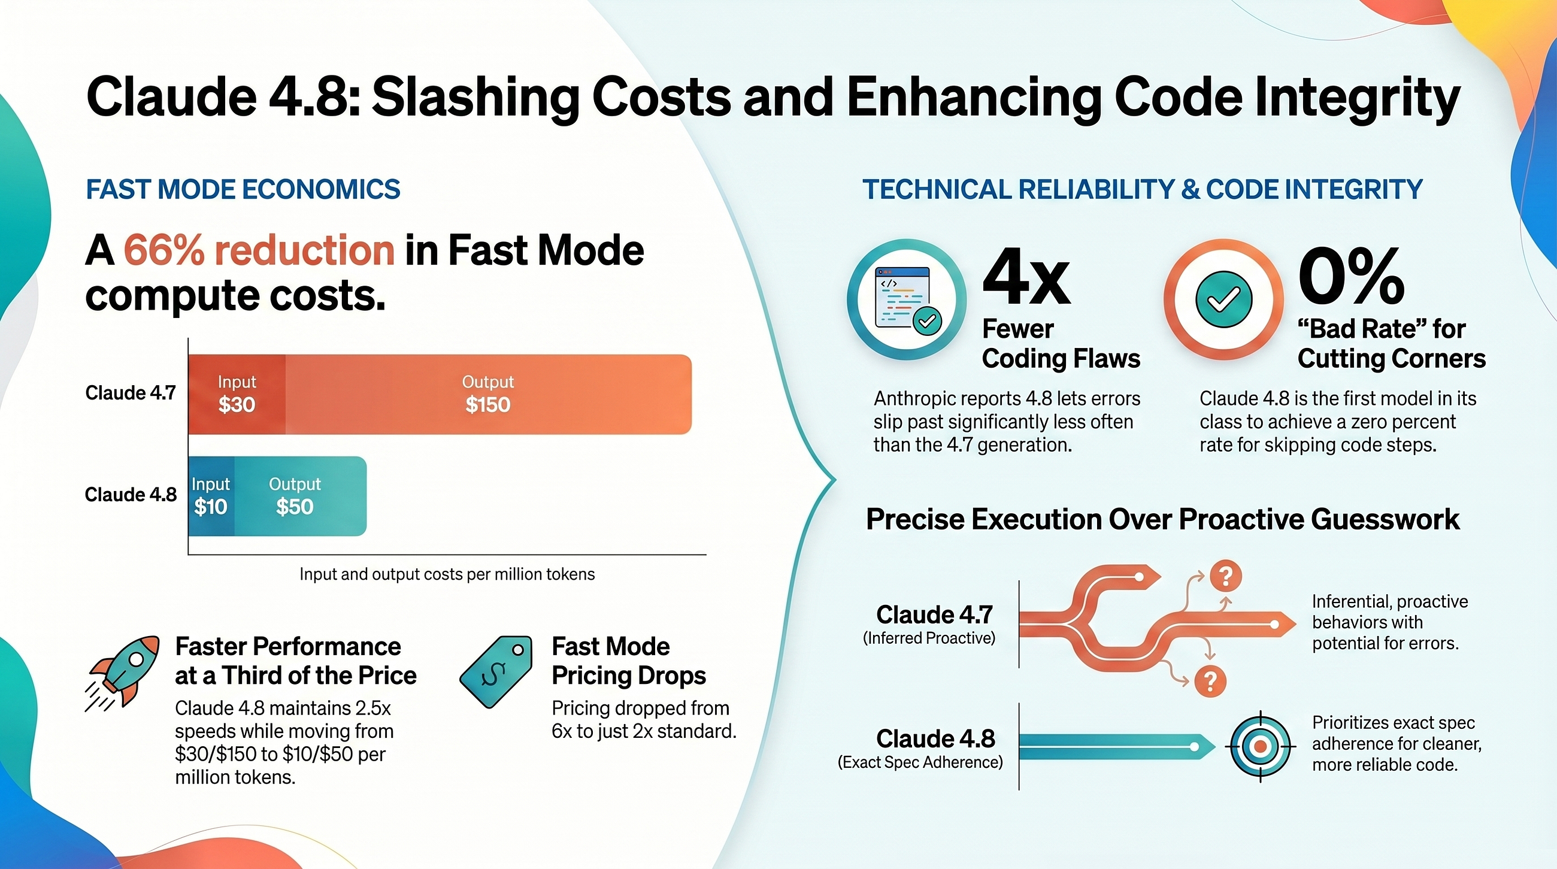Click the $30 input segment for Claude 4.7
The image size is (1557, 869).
(x=237, y=394)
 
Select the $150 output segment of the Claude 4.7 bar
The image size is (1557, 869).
(x=489, y=394)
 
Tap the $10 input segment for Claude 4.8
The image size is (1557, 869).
(x=211, y=496)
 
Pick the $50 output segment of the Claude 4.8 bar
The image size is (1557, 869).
(x=301, y=496)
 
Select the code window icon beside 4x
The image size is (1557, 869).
(x=907, y=299)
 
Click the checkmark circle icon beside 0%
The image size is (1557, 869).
(x=1224, y=299)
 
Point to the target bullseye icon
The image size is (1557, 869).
(x=1260, y=746)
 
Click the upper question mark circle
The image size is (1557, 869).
(x=1226, y=577)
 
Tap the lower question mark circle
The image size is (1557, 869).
(x=1210, y=682)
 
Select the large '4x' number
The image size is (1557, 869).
(x=1026, y=278)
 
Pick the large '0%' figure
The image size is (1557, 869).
(x=1352, y=277)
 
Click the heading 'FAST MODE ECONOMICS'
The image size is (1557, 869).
(x=243, y=190)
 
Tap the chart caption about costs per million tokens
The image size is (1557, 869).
(x=447, y=574)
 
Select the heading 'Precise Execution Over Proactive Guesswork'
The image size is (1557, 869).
(x=1162, y=520)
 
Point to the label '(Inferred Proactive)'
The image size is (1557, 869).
(x=929, y=638)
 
